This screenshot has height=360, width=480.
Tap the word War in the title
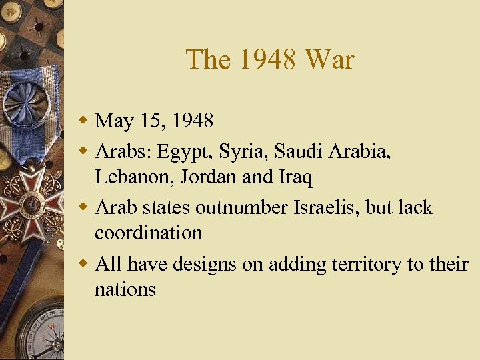tap(329, 60)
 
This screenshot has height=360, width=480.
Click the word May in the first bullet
tap(115, 121)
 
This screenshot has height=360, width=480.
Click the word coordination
tap(149, 233)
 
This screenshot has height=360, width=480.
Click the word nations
tap(125, 289)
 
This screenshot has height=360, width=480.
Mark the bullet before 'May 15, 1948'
tap(83, 121)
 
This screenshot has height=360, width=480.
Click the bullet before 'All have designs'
tap(83, 264)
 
